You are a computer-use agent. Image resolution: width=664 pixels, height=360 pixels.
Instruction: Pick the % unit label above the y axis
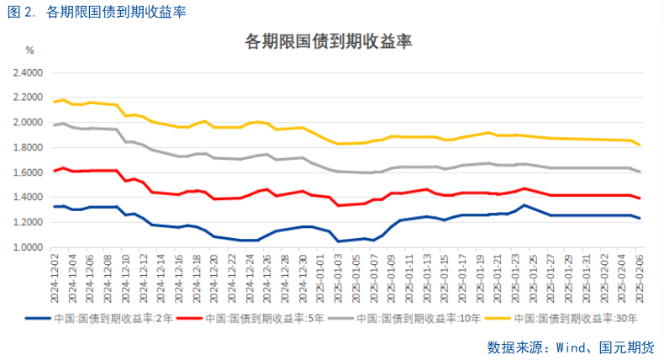pyautogui.click(x=29, y=51)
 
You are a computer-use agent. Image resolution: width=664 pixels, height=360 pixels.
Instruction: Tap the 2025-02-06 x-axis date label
pyautogui.click(x=640, y=277)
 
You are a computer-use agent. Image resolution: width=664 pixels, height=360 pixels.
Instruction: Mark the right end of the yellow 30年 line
pyautogui.click(x=640, y=146)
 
